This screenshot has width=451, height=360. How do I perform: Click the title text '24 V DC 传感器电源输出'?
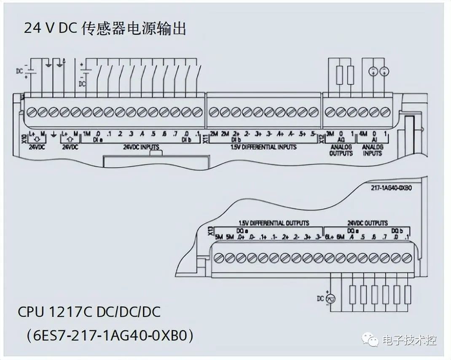point(105,29)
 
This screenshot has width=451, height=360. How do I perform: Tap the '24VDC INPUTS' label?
point(141,147)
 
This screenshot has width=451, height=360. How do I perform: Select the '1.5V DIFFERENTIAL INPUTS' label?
point(263,147)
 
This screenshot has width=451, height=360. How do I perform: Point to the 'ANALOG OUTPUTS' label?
point(341,150)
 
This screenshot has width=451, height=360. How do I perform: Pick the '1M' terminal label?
point(87,134)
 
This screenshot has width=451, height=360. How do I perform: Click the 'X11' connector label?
point(205,137)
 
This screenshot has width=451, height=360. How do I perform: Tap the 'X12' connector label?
point(322,137)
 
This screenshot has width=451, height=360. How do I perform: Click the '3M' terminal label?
point(330,134)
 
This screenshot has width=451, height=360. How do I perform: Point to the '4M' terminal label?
point(363,134)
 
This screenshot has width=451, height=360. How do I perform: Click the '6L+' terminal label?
point(329,237)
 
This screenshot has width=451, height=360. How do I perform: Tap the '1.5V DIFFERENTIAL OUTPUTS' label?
point(274,223)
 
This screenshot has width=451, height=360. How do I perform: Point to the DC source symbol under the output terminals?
point(331,298)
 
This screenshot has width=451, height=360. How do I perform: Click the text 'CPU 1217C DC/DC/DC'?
point(89,312)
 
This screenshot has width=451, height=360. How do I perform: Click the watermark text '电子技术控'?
point(409,340)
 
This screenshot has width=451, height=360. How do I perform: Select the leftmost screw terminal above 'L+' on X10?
point(31,112)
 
